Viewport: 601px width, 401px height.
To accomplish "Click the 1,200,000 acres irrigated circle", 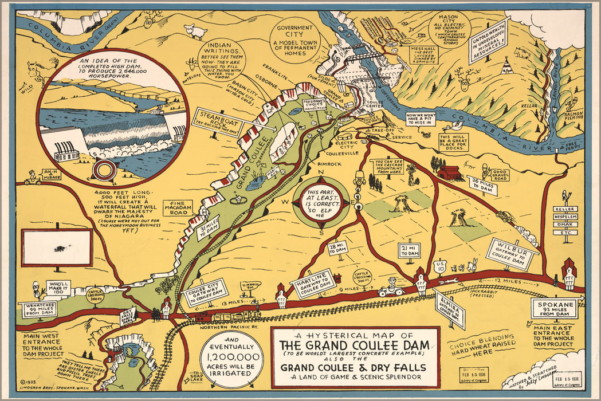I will click(232, 359).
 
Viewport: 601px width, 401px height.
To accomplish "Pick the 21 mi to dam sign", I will click(409, 250).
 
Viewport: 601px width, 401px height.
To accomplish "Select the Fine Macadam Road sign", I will click(177, 207).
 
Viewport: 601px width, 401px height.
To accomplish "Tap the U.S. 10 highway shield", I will click(439, 265).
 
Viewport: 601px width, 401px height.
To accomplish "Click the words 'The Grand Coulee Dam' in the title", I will click(354, 347).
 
